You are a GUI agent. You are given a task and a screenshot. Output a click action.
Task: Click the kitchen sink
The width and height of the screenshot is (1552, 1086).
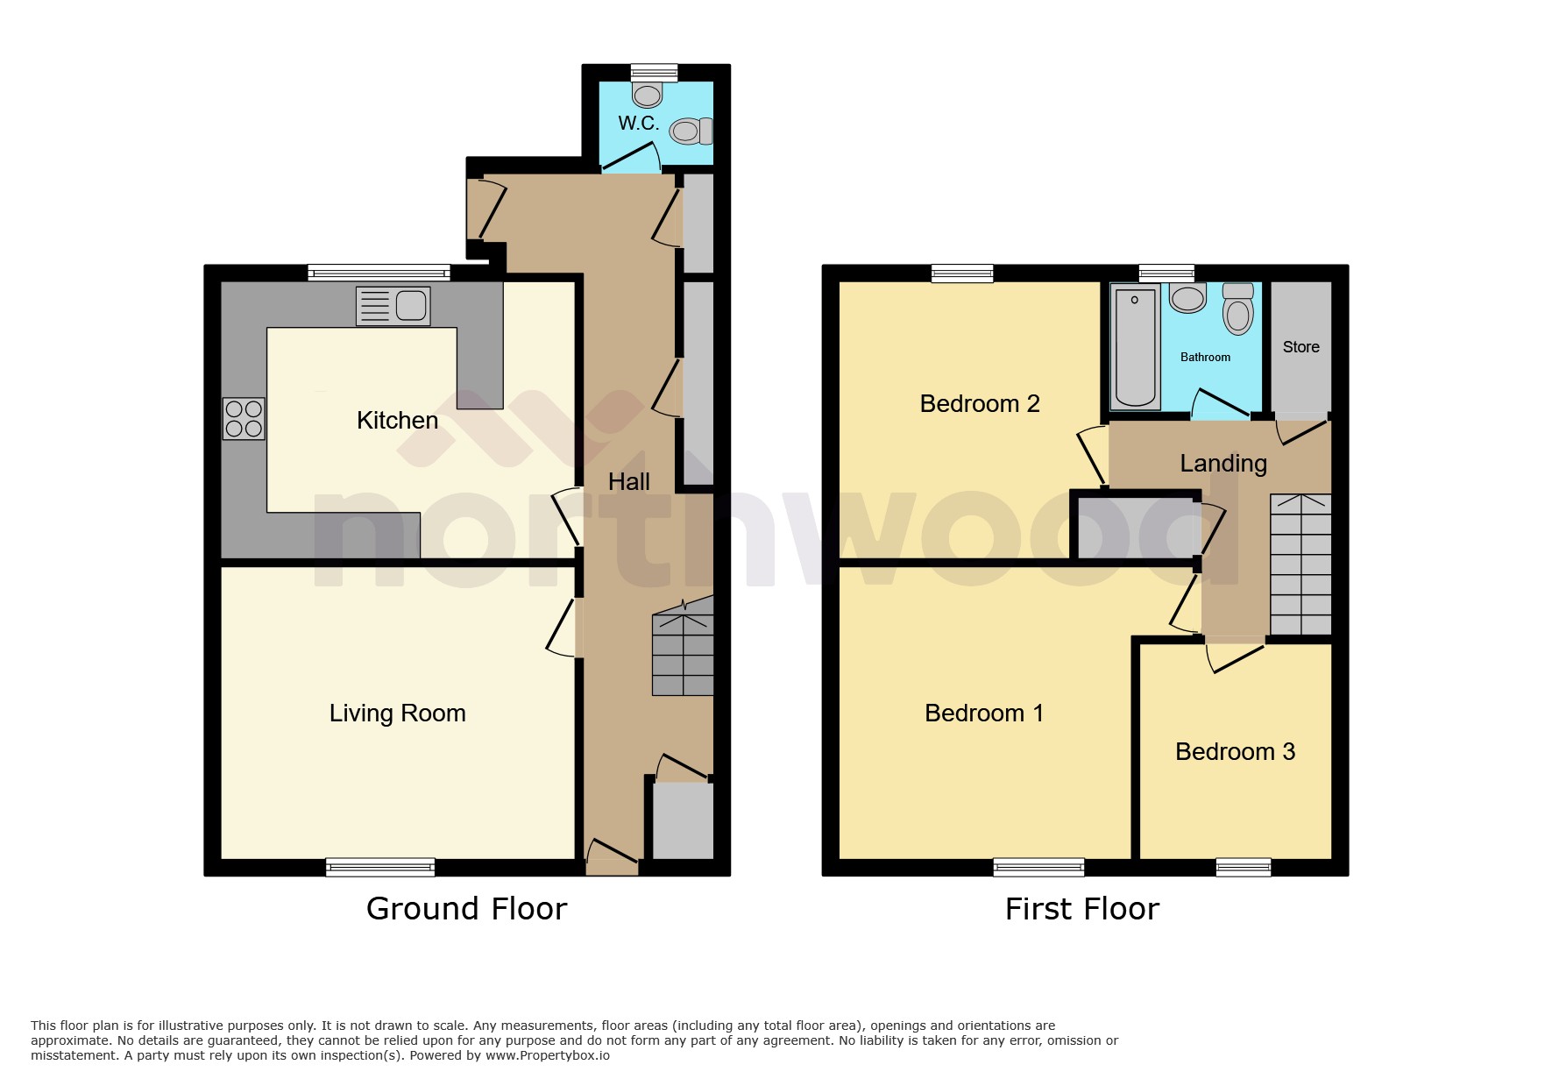click(x=393, y=306)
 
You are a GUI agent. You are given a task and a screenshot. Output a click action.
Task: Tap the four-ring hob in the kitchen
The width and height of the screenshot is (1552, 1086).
click(x=244, y=418)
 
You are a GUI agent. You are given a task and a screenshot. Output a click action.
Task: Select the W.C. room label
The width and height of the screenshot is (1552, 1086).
click(x=638, y=124)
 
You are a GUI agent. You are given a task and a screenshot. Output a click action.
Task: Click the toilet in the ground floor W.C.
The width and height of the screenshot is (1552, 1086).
click(x=691, y=131)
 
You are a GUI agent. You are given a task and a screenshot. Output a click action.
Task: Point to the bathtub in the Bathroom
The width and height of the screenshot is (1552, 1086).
click(x=1135, y=347)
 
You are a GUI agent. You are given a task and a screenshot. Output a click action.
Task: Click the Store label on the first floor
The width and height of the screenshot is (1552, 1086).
click(x=1300, y=347)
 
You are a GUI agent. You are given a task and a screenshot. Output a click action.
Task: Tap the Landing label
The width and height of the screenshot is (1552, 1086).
click(x=1222, y=463)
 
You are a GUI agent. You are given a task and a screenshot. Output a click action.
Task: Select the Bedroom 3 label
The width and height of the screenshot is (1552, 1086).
click(x=1234, y=752)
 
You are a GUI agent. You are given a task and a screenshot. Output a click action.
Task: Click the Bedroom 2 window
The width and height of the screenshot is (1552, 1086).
click(x=962, y=273)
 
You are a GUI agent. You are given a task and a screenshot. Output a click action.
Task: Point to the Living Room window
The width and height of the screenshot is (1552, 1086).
click(x=380, y=868)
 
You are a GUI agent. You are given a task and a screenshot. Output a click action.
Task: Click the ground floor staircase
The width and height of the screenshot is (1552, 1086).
click(x=683, y=653)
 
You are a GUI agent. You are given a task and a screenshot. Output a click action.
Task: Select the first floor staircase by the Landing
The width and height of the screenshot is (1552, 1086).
click(x=1300, y=565)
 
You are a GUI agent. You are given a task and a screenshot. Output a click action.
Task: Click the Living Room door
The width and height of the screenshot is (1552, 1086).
click(x=563, y=627)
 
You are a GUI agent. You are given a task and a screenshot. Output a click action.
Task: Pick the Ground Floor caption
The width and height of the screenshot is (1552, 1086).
click(x=466, y=909)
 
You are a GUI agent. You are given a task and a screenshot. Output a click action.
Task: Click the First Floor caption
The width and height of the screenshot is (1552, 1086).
click(x=1081, y=909)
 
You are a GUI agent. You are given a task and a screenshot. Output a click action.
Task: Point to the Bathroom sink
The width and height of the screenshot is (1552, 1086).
click(x=1187, y=298)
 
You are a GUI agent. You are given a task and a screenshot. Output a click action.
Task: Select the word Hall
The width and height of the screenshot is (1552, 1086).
click(x=628, y=482)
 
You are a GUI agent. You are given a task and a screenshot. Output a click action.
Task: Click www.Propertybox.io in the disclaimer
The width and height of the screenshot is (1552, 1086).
click(x=548, y=1055)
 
